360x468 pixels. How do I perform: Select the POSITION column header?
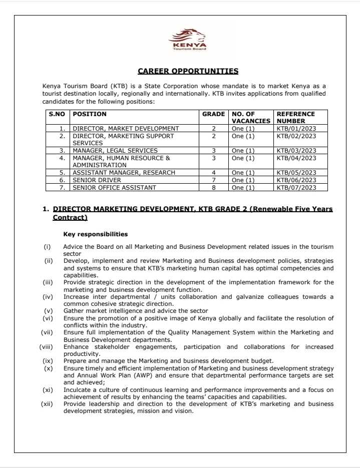90,114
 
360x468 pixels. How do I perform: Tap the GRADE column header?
213,114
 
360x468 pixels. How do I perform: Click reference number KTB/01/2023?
296,129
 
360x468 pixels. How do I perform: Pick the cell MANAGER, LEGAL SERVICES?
115,151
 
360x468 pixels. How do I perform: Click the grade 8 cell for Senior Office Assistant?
213,188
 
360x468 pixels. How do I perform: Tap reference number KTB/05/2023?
296,173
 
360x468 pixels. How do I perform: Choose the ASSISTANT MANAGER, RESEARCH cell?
124,173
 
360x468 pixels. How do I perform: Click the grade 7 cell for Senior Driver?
213,180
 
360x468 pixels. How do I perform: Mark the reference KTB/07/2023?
296,188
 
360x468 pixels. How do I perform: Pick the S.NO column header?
58,114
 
